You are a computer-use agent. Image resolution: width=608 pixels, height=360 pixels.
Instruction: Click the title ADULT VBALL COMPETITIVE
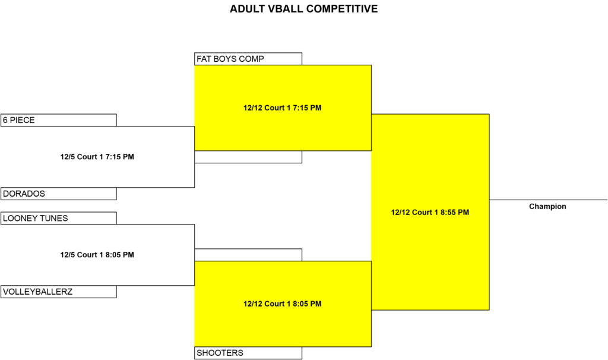[x=303, y=9]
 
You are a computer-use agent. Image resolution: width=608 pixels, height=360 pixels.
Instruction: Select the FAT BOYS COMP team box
[x=248, y=59]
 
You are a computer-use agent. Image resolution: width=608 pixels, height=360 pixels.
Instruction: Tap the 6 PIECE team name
[x=18, y=120]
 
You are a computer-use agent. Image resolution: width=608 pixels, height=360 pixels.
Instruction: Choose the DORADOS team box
[x=59, y=194]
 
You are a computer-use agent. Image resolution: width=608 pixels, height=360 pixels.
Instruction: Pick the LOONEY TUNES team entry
[x=59, y=218]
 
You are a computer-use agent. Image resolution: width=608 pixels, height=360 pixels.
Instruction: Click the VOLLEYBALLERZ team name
[x=37, y=292]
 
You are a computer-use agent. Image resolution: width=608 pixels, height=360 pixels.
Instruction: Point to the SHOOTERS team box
[x=248, y=353]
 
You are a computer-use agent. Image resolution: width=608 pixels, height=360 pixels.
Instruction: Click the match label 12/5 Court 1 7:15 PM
[x=97, y=157]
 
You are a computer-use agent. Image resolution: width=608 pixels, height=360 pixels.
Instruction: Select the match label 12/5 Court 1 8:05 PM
[x=97, y=255]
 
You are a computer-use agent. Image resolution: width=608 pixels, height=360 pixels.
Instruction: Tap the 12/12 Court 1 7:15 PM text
[x=282, y=108]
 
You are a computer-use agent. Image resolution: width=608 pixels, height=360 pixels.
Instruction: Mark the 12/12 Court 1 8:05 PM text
[x=282, y=304]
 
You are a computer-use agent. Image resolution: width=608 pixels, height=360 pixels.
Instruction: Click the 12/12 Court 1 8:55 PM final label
[x=430, y=212]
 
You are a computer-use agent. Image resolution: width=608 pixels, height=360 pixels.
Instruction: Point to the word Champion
[x=547, y=206]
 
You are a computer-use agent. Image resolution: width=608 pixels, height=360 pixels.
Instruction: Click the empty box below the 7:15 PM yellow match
[x=248, y=157]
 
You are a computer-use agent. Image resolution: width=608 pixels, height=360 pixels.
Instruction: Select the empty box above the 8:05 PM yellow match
[x=248, y=255]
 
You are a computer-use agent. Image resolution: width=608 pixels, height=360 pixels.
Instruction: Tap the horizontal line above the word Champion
[x=548, y=200]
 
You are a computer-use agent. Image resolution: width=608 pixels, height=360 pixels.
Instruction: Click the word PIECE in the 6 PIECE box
[x=22, y=120]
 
